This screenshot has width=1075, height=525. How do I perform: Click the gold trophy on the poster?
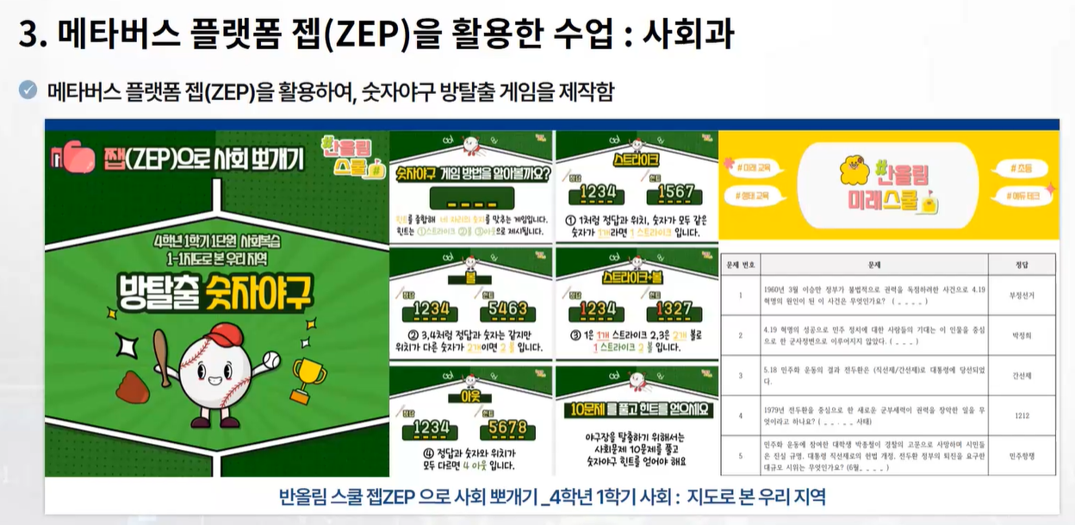coord(308,378)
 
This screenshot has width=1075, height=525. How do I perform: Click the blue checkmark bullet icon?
coord(28,89)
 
